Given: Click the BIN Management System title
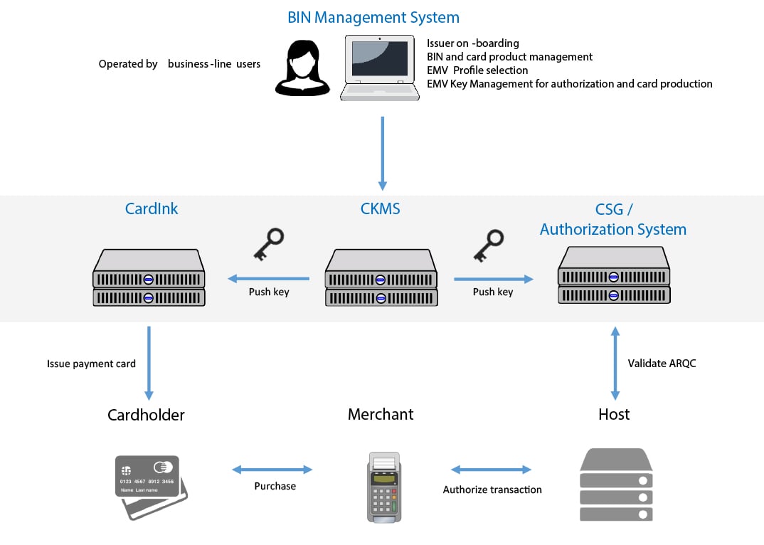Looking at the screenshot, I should click(373, 17).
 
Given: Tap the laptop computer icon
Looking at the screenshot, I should click(378, 68).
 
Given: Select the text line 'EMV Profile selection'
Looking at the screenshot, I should click(477, 70).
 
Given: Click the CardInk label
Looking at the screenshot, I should click(152, 208).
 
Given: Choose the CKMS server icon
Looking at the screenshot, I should click(381, 278).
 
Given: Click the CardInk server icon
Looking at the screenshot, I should click(149, 278).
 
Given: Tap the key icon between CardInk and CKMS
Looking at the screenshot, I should click(268, 244).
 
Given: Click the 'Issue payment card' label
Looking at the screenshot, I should click(91, 364).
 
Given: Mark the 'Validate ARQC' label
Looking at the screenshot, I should click(662, 363).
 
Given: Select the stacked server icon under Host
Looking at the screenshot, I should click(616, 485).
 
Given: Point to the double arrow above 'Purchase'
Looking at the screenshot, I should click(272, 470).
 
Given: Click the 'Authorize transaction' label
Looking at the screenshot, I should click(492, 490).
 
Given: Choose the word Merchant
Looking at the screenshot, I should click(381, 414).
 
